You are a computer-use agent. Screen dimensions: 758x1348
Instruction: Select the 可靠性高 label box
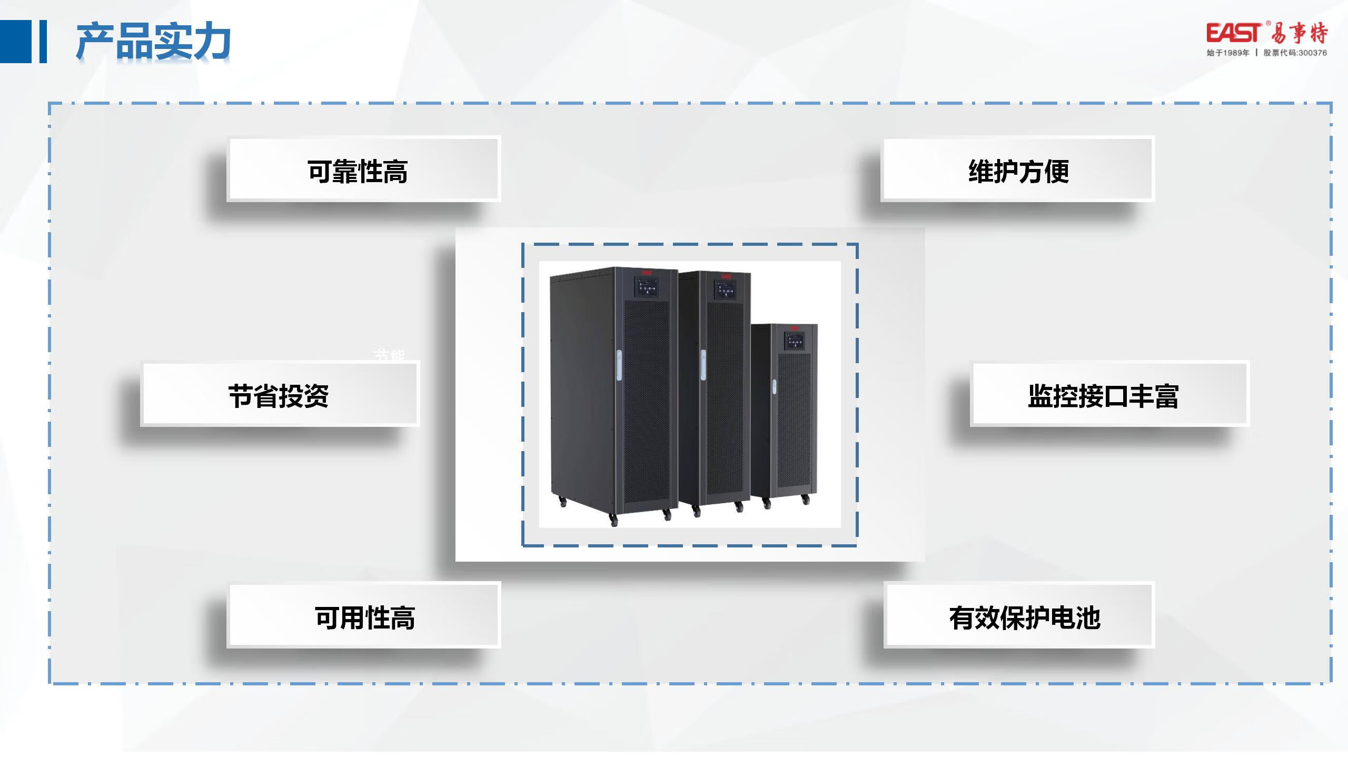point(363,169)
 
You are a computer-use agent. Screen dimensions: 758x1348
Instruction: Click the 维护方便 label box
point(1017,169)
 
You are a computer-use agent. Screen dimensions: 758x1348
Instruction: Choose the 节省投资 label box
point(279,394)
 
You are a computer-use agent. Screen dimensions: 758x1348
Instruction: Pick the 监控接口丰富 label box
point(1109,394)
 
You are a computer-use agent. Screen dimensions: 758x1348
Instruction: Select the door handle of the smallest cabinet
point(774,387)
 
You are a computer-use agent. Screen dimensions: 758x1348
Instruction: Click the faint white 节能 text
point(389,355)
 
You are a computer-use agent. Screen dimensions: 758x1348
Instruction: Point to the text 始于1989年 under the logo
point(1228,53)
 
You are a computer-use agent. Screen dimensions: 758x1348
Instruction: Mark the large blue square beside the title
point(16,42)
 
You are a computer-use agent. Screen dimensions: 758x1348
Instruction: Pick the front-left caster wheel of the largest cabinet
point(613,521)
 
